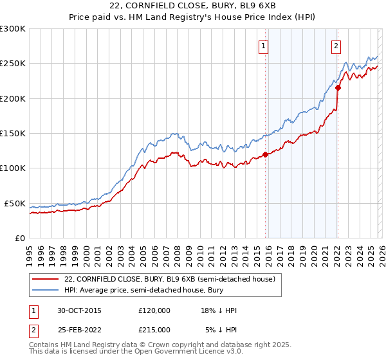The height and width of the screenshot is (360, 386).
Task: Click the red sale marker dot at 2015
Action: [x=265, y=154]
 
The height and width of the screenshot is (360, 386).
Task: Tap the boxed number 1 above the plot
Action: [x=264, y=46]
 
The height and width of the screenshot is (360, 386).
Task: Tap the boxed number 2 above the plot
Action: [x=336, y=46]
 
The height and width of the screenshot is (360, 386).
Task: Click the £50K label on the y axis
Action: [x=15, y=203]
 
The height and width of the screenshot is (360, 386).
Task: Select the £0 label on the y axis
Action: [x=19, y=238]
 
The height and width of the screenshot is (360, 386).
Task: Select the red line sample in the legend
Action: [x=45, y=279]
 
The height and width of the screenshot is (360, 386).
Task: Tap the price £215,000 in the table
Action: [x=154, y=330]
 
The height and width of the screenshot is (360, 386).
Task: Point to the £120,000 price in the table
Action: [x=154, y=310]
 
